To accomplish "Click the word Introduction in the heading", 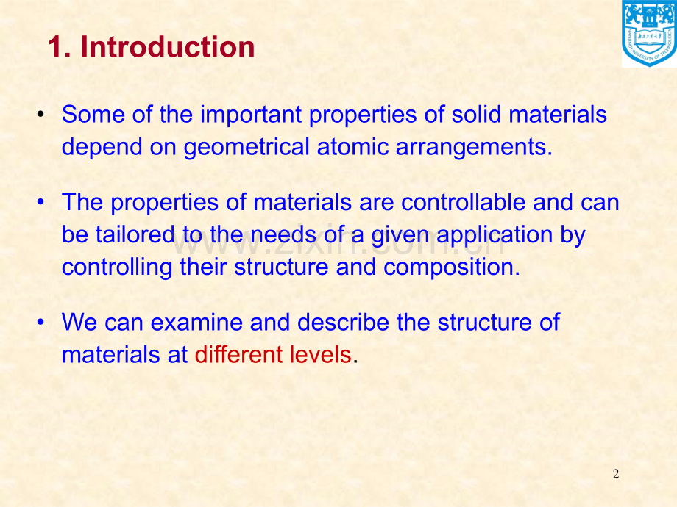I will (x=168, y=47).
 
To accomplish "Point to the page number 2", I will (x=616, y=475).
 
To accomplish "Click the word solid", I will (x=477, y=115).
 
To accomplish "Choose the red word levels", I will (x=320, y=354).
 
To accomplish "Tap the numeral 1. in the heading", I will (x=59, y=47).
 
